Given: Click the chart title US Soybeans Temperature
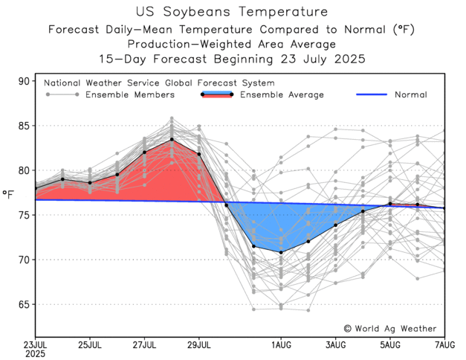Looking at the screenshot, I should click(x=233, y=13).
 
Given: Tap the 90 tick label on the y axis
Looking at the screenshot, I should click(x=25, y=81).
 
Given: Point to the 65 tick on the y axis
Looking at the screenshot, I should click(x=25, y=304).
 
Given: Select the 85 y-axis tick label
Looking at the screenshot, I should click(x=25, y=126).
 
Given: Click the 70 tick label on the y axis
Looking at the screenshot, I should click(x=25, y=260).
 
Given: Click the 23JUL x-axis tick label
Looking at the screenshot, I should click(x=35, y=344).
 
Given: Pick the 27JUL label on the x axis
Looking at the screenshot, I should click(x=144, y=344).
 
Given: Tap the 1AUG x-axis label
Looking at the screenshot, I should click(x=281, y=344).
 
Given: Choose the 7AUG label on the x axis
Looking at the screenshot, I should click(x=445, y=344).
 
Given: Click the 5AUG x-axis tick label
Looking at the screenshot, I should click(x=390, y=344).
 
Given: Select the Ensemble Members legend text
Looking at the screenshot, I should click(x=130, y=95).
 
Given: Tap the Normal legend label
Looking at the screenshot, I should click(x=411, y=95).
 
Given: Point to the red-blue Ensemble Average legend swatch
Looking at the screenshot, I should click(x=216, y=95).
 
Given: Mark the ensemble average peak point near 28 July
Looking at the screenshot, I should click(x=172, y=139).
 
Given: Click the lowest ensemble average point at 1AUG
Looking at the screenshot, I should click(x=281, y=252).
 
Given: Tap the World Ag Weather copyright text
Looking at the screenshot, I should click(x=390, y=328).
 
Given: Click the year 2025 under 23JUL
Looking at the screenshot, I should click(x=35, y=354).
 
